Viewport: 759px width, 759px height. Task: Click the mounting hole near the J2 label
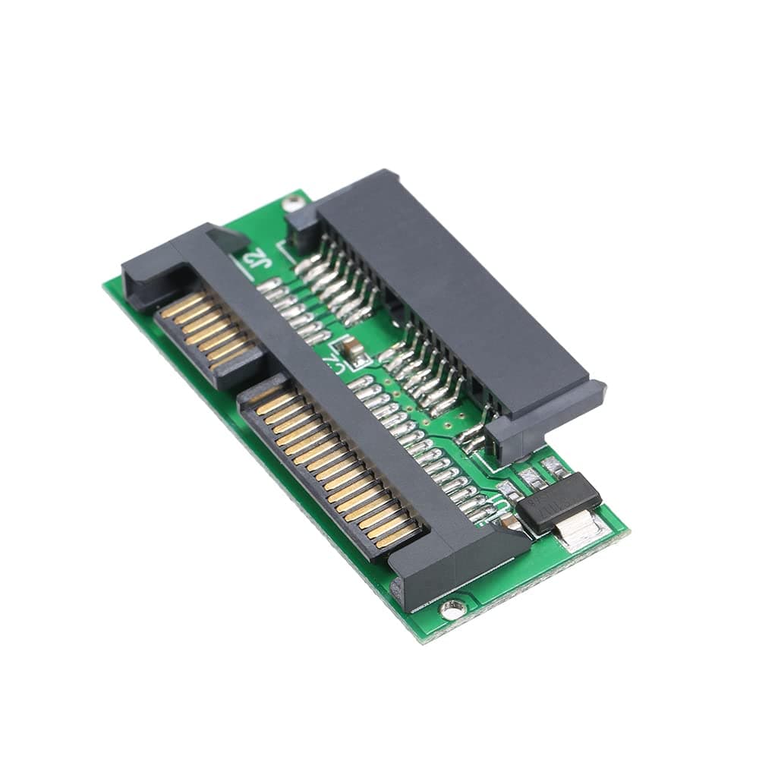point(292,203)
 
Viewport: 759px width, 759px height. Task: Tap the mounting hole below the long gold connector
point(452,607)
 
